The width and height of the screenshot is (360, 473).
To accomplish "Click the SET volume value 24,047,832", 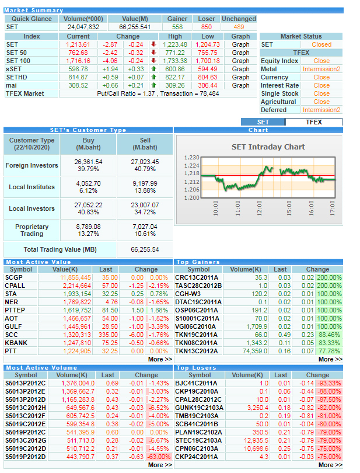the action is pyautogui.click(x=83, y=27).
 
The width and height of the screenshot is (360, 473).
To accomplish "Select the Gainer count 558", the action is pyautogui.click(x=177, y=27).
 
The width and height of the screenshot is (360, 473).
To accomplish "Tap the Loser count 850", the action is pyautogui.click(x=207, y=27).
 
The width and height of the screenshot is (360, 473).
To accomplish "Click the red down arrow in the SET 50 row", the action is pyautogui.click(x=154, y=52).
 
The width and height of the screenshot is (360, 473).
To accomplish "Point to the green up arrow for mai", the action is pyautogui.click(x=154, y=85).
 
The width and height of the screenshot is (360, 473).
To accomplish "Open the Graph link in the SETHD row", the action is pyautogui.click(x=240, y=77).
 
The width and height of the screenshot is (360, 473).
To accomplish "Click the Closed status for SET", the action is pyautogui.click(x=321, y=44).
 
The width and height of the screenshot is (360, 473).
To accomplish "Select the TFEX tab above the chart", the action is pyautogui.click(x=314, y=122).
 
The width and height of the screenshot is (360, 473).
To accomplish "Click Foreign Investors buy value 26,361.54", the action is pyautogui.click(x=88, y=162).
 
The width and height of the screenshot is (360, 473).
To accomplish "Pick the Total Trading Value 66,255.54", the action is pyautogui.click(x=145, y=249).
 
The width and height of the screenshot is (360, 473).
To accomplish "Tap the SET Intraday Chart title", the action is pyautogui.click(x=268, y=147).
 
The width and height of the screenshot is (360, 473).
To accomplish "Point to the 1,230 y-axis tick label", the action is pyautogui.click(x=192, y=158).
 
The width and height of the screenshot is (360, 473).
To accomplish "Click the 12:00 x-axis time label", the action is pyautogui.click(x=259, y=208).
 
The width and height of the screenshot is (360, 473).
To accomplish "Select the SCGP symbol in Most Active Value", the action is pyautogui.click(x=13, y=277).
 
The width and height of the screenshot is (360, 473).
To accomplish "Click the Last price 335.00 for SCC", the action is pyautogui.click(x=109, y=335).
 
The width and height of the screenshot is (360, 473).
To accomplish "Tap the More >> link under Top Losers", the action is pyautogui.click(x=330, y=465).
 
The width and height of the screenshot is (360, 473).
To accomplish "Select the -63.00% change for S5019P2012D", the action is pyautogui.click(x=159, y=457).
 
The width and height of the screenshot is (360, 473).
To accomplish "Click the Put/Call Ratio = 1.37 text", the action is pyautogui.click(x=125, y=93).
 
